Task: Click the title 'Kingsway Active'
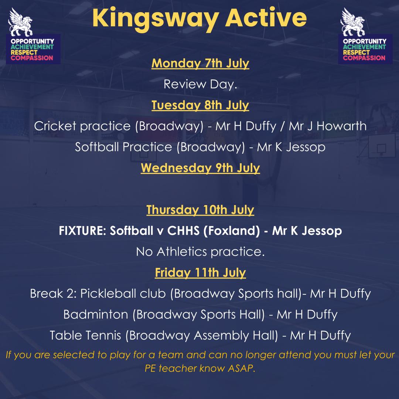point(199,18)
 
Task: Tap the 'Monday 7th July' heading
point(200,63)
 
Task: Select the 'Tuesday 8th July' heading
point(200,105)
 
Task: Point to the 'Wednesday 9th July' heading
point(200,168)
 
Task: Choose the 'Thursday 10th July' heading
point(200,210)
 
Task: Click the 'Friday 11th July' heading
point(200,273)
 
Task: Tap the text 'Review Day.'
point(199,85)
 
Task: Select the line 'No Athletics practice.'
point(199,252)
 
